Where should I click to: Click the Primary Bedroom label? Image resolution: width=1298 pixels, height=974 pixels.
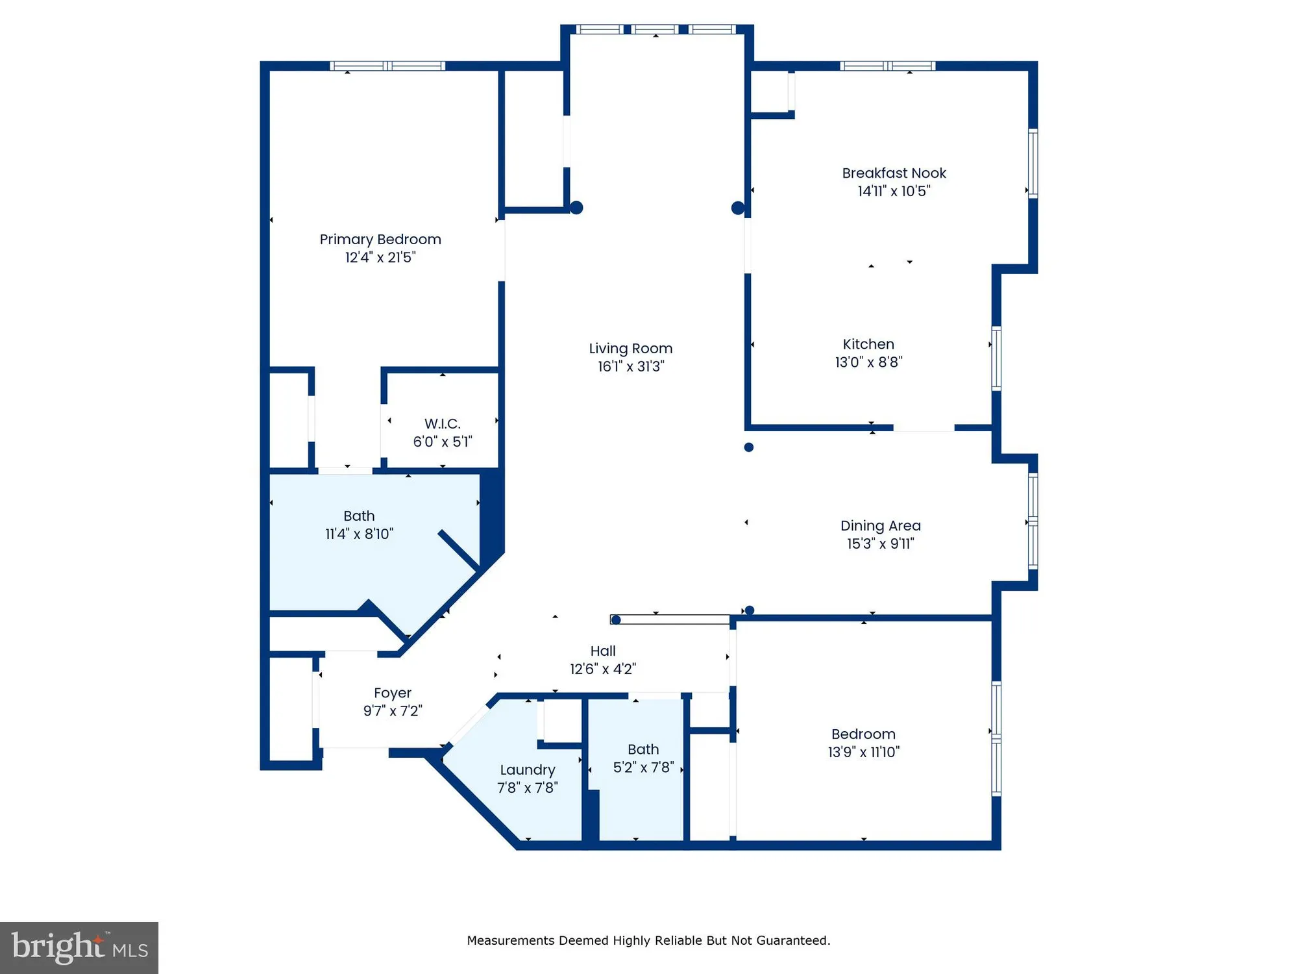point(380,240)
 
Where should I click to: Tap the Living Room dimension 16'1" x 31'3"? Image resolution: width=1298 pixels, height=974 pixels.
point(631,367)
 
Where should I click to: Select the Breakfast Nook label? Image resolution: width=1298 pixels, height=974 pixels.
point(894,173)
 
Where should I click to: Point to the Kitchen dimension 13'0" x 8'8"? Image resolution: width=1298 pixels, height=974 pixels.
point(868,362)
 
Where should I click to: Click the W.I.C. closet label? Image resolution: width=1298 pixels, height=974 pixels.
point(443,424)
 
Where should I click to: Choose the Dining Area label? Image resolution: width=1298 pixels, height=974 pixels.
point(880,526)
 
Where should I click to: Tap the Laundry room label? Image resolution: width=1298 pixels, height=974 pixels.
point(528,770)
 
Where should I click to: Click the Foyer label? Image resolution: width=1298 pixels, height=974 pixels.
point(393,693)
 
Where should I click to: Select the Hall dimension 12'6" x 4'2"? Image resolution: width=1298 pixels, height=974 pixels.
point(603,669)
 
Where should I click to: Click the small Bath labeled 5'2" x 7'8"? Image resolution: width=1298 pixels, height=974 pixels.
point(643,750)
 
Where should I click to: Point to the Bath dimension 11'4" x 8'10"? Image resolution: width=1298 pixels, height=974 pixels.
point(359,534)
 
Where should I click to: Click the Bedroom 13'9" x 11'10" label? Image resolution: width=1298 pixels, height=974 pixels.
point(863,734)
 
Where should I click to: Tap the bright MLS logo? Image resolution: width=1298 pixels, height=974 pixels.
point(79,947)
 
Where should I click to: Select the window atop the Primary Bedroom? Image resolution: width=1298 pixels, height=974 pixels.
point(387,66)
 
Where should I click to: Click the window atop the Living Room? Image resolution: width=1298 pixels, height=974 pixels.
point(655,29)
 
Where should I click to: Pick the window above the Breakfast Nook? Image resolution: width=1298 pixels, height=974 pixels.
point(887,66)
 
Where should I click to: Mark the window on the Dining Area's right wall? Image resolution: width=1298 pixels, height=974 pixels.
point(1033,521)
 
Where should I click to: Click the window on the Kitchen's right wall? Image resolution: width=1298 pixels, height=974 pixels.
point(996,358)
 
